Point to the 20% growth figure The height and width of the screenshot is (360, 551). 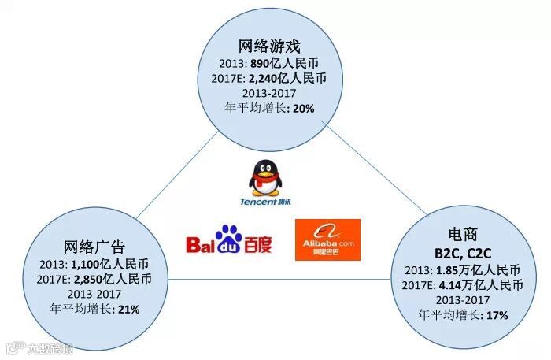(x=303, y=109)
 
